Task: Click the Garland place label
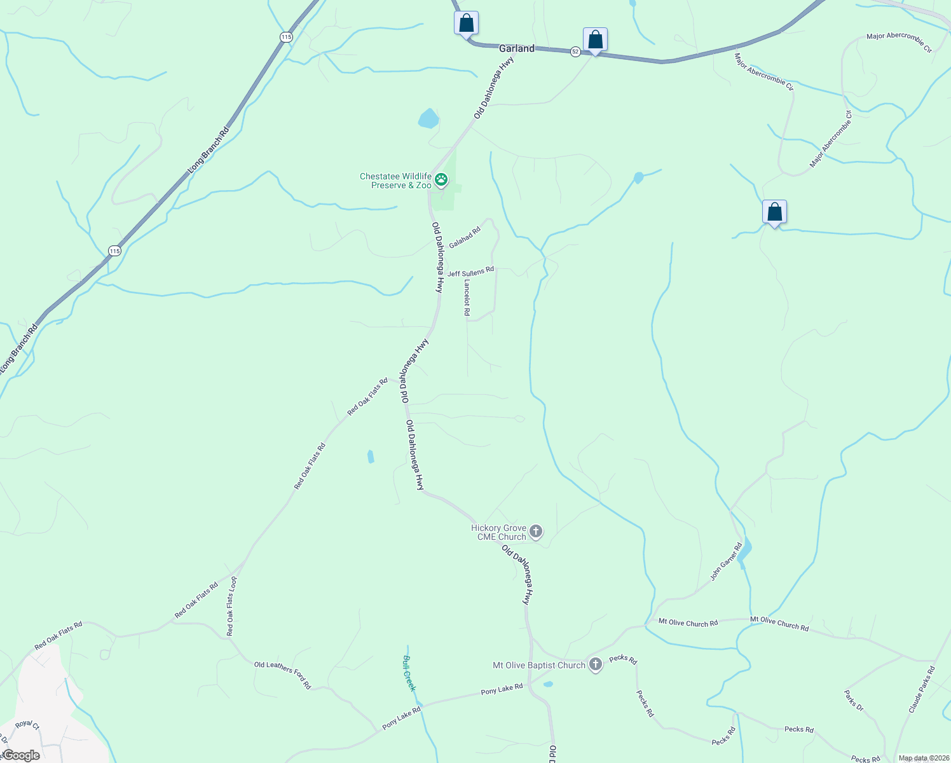pyautogui.click(x=516, y=48)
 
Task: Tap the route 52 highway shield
pyautogui.click(x=575, y=52)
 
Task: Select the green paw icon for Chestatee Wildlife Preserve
pyautogui.click(x=441, y=181)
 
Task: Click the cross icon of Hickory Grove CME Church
pyautogui.click(x=536, y=532)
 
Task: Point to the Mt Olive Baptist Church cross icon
pyautogui.click(x=596, y=665)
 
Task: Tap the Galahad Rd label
pyautogui.click(x=464, y=238)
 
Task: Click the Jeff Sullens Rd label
pyautogui.click(x=470, y=272)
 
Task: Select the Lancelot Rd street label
pyautogui.click(x=467, y=298)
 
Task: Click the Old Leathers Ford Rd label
pyautogui.click(x=282, y=675)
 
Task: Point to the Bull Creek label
pyautogui.click(x=409, y=673)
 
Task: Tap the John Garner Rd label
pyautogui.click(x=726, y=561)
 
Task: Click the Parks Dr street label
pyautogui.click(x=854, y=701)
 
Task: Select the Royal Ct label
pyautogui.click(x=27, y=724)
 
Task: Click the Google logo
pyautogui.click(x=20, y=755)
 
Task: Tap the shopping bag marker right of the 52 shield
pyautogui.click(x=595, y=40)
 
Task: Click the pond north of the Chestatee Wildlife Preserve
pyautogui.click(x=428, y=119)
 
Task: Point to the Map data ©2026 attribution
pyautogui.click(x=923, y=758)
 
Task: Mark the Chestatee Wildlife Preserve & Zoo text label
pyautogui.click(x=395, y=181)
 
